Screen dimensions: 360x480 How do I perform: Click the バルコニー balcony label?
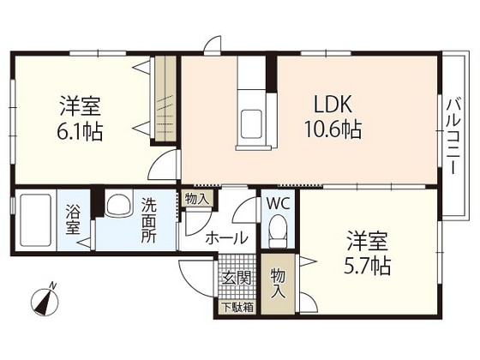[x=451, y=138]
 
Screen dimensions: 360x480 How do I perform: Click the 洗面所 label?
[x=149, y=219]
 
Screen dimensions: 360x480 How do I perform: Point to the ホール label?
[x=226, y=238]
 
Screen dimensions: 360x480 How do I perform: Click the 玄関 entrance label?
[x=237, y=277]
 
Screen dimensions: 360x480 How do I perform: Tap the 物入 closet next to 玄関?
[x=278, y=282]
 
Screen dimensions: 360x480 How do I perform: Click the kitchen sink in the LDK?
[x=252, y=120]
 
